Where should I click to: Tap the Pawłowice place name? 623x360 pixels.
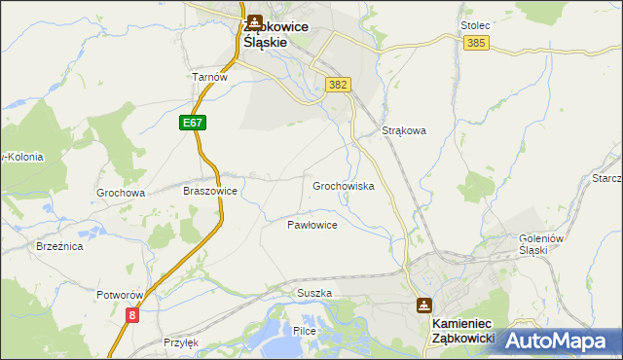(x=311, y=225)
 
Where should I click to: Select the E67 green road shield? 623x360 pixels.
(x=192, y=124)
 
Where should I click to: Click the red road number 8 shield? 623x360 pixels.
(x=131, y=314)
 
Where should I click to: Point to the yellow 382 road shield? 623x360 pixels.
(x=338, y=85)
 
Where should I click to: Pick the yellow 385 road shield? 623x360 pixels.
(x=476, y=44)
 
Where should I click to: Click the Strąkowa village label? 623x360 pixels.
(x=404, y=129)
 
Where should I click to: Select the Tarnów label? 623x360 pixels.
(x=209, y=77)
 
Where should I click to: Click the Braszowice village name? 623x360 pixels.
(x=210, y=192)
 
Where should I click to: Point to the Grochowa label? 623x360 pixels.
(x=121, y=193)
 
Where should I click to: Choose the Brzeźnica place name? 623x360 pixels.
(x=59, y=247)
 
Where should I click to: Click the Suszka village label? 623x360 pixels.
(x=314, y=293)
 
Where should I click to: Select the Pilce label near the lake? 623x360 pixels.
(x=305, y=332)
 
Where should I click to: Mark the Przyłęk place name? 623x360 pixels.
(x=181, y=342)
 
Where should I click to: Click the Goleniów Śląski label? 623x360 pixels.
(x=520, y=243)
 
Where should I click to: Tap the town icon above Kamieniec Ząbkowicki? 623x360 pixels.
(x=423, y=305)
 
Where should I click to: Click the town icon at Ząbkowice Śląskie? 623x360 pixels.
(x=254, y=21)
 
